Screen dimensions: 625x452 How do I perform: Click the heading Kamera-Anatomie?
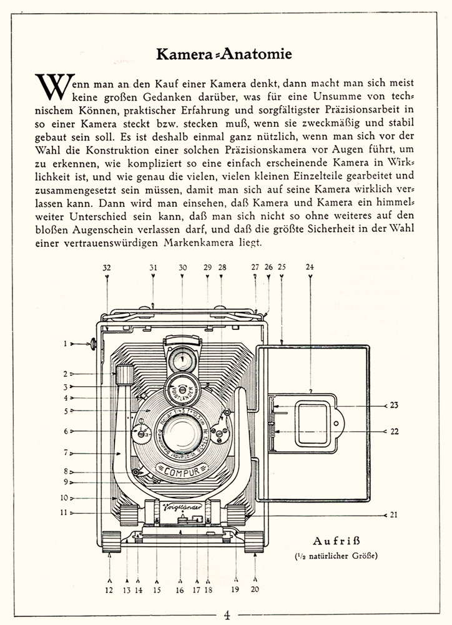pyautogui.click(x=224, y=55)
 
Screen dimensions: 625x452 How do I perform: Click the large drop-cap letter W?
pyautogui.click(x=51, y=88)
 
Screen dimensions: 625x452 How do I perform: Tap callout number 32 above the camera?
pyautogui.click(x=107, y=267)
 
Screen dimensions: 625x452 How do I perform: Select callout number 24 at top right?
pyautogui.click(x=310, y=267)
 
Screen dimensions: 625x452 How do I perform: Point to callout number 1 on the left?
pyautogui.click(x=64, y=343)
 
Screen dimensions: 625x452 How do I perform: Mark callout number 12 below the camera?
pyautogui.click(x=110, y=589)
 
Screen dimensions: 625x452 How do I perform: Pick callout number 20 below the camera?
pyautogui.click(x=256, y=589)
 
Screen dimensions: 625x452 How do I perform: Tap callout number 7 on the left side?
pyautogui.click(x=65, y=452)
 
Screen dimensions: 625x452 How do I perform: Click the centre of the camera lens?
pyautogui.click(x=182, y=432)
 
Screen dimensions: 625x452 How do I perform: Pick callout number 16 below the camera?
pyautogui.click(x=180, y=589)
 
